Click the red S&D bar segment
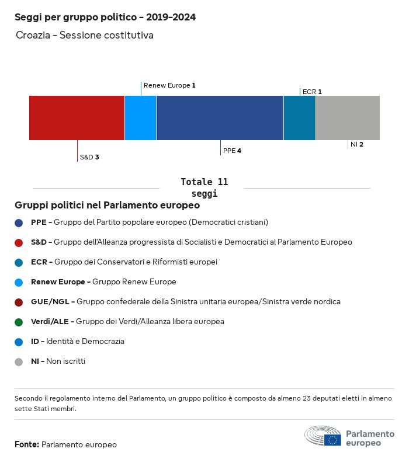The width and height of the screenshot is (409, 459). pyautogui.click(x=77, y=117)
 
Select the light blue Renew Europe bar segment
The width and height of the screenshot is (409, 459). pyautogui.click(x=140, y=117)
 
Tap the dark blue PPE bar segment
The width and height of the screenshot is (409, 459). pyautogui.click(x=220, y=117)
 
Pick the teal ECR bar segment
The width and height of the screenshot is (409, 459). pyautogui.click(x=300, y=117)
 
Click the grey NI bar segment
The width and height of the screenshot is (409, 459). pyautogui.click(x=348, y=117)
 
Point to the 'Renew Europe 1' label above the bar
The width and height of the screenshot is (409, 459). pyautogui.click(x=169, y=85)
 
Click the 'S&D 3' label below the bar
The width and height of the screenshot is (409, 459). pyautogui.click(x=89, y=157)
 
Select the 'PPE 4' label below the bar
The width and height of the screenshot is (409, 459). pyautogui.click(x=232, y=151)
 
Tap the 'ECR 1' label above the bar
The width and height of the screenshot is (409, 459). pyautogui.click(x=312, y=92)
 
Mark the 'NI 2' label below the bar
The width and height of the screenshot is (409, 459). pyautogui.click(x=356, y=144)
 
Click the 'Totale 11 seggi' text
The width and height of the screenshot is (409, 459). pyautogui.click(x=204, y=187)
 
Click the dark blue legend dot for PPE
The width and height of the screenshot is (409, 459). pyautogui.click(x=19, y=222)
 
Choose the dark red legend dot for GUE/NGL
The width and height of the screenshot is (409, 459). pyautogui.click(x=19, y=302)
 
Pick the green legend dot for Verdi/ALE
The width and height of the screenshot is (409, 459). pyautogui.click(x=19, y=322)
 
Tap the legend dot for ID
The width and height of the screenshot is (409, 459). pyautogui.click(x=19, y=342)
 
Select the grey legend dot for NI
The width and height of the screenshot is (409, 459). pyautogui.click(x=19, y=361)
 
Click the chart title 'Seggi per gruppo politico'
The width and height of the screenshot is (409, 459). pyautogui.click(x=105, y=18)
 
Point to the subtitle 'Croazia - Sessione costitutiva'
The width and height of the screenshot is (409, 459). pyautogui.click(x=85, y=36)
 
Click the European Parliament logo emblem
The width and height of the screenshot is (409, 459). pyautogui.click(x=323, y=436)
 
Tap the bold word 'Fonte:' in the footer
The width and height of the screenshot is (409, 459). pyautogui.click(x=27, y=444)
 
